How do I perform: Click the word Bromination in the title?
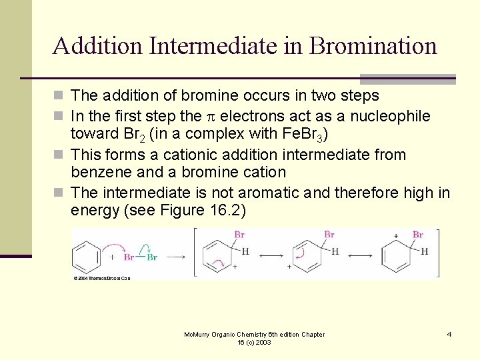tap(373, 46)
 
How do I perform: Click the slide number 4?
tap(449, 334)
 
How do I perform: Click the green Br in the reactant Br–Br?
tap(153, 257)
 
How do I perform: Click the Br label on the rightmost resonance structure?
tap(418, 235)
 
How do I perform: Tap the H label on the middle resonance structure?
tap(334, 251)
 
